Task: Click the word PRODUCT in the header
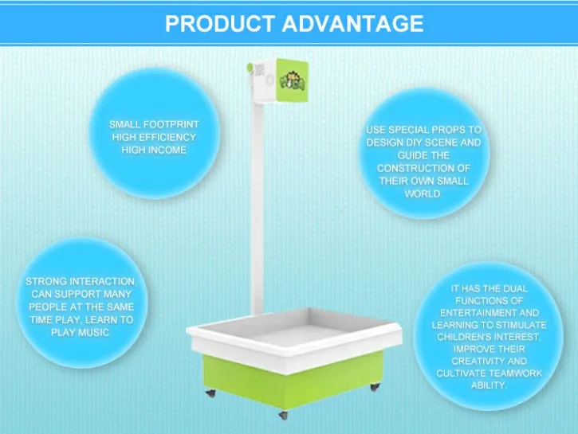220,24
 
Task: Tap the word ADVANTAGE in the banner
352,24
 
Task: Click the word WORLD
423,194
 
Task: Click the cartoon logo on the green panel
293,81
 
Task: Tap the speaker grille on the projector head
260,69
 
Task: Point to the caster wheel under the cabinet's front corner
283,415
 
